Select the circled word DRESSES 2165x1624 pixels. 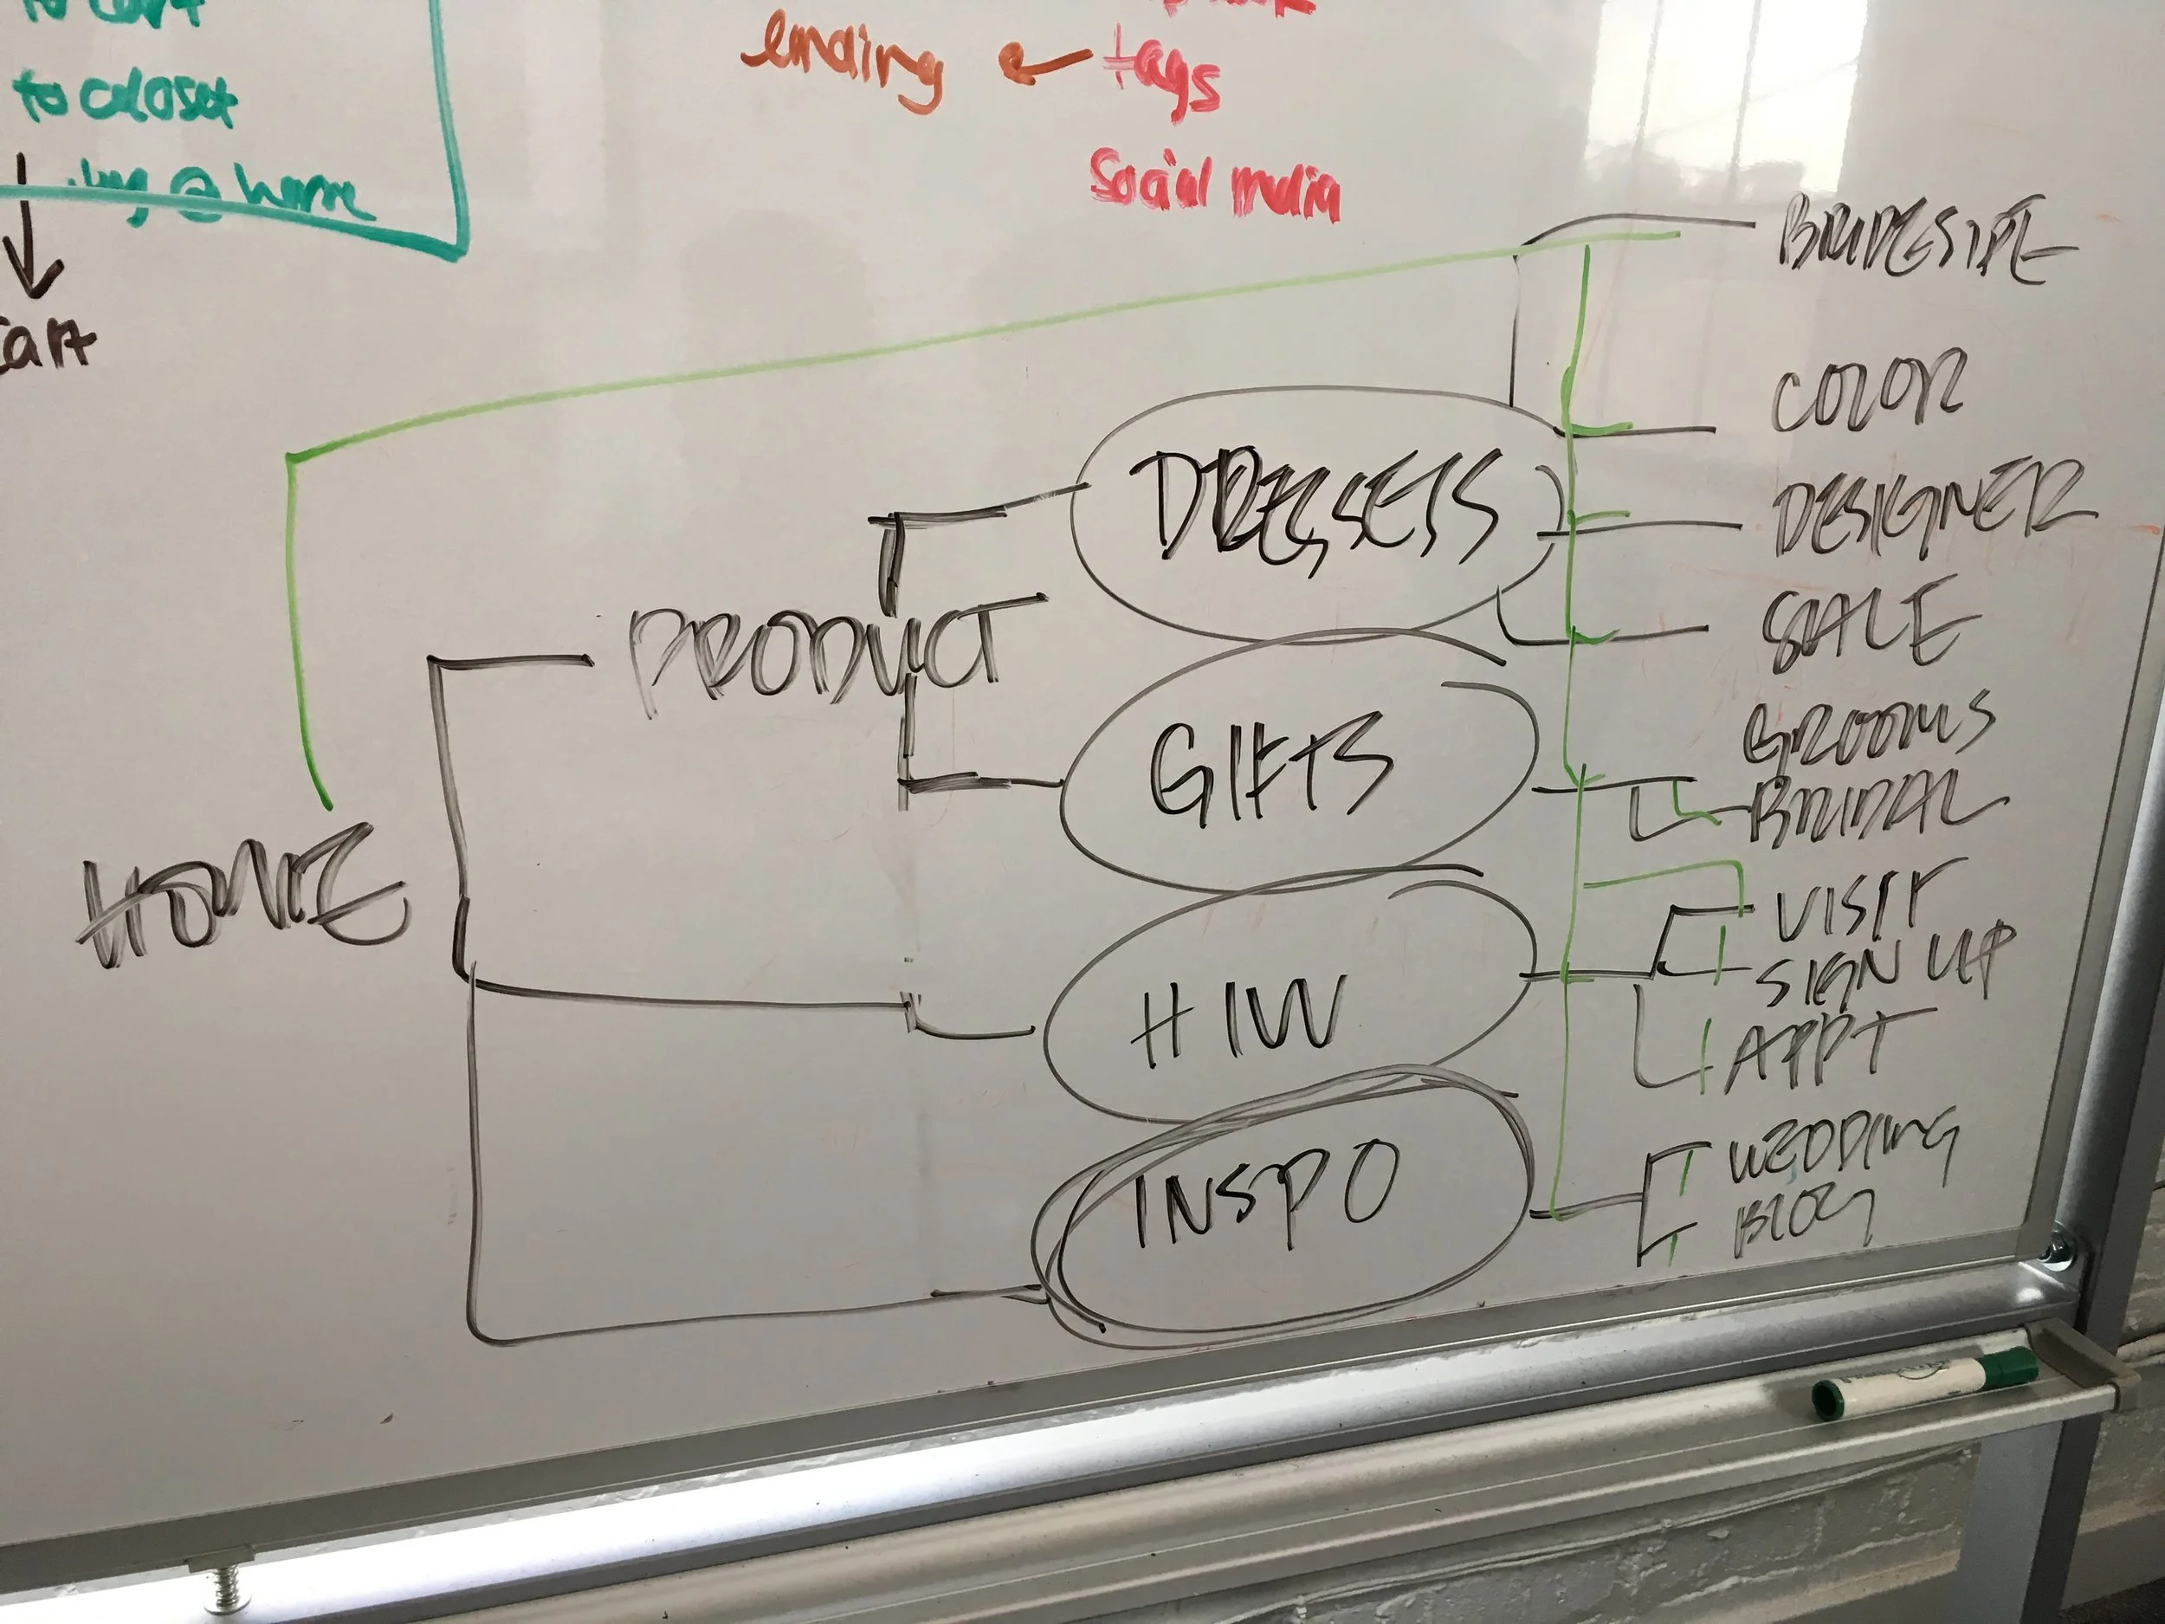pos(1311,509)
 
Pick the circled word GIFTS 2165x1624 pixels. pos(1268,764)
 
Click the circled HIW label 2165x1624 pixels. pos(1233,1018)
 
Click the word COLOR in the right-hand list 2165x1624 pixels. pos(1864,391)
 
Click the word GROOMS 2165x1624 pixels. pos(1864,729)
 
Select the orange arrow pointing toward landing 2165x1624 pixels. pos(1043,63)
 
